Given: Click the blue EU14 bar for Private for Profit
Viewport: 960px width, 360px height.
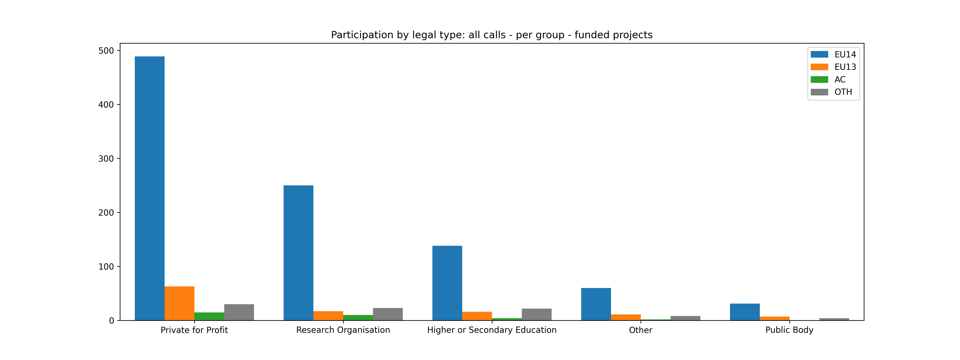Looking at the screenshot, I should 149,188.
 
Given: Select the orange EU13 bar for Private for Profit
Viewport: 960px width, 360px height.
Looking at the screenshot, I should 179,303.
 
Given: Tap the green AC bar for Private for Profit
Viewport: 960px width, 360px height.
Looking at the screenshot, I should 209,316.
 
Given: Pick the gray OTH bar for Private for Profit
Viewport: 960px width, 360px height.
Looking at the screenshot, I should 239,312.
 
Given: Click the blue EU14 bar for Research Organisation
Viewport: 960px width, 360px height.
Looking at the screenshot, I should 298,253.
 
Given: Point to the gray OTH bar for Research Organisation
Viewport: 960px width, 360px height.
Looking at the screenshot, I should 388,314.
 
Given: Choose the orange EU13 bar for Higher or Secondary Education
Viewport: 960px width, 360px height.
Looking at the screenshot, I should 477,316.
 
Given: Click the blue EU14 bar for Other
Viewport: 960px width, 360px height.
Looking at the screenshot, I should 596,304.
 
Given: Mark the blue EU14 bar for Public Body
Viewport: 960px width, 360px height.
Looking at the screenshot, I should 745,312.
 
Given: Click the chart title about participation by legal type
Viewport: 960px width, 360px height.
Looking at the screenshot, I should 492,35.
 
